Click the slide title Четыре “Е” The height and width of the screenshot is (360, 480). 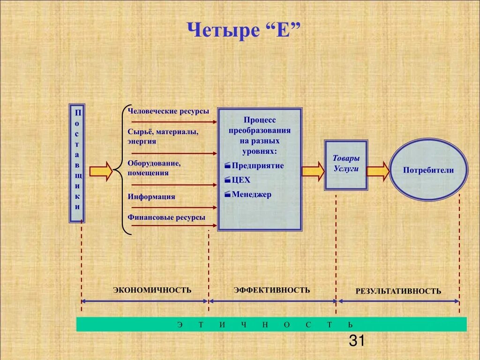[x=244, y=31]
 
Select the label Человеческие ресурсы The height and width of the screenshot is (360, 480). [x=168, y=112]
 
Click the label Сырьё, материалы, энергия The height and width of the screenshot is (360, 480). [x=163, y=136]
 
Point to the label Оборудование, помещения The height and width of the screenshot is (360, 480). [x=154, y=168]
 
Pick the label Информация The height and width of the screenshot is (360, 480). [x=151, y=196]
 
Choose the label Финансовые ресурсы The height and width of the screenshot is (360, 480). [x=166, y=217]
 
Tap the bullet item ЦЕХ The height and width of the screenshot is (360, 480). [x=241, y=180]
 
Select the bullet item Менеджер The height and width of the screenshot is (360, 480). [x=251, y=195]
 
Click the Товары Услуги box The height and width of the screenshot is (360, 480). [x=346, y=164]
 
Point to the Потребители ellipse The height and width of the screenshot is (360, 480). [x=428, y=170]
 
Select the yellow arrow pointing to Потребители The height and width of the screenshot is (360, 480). [x=378, y=171]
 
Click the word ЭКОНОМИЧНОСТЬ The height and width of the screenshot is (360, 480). [x=152, y=290]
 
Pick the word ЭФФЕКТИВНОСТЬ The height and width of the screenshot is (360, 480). [x=272, y=290]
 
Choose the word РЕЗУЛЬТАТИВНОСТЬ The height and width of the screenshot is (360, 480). [x=398, y=291]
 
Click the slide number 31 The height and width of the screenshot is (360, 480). [x=357, y=341]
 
